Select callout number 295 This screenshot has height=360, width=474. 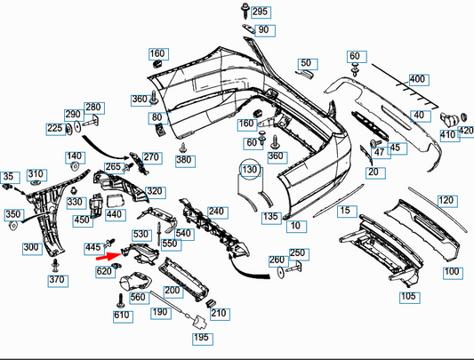click(259, 12)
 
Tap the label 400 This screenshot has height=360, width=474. click(417, 79)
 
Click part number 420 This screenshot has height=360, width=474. click(465, 131)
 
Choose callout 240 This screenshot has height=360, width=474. click(216, 212)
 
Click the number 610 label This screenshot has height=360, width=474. click(122, 315)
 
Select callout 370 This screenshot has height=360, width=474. click(57, 280)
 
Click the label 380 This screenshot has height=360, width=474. click(183, 160)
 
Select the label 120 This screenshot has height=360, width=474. click(446, 200)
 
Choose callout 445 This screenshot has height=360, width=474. click(92, 247)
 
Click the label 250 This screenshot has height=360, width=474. click(297, 252)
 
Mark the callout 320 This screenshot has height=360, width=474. click(155, 191)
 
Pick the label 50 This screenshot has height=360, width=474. click(307, 63)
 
